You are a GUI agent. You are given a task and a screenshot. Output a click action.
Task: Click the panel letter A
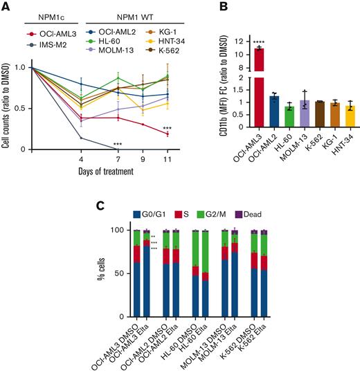[6, 8]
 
